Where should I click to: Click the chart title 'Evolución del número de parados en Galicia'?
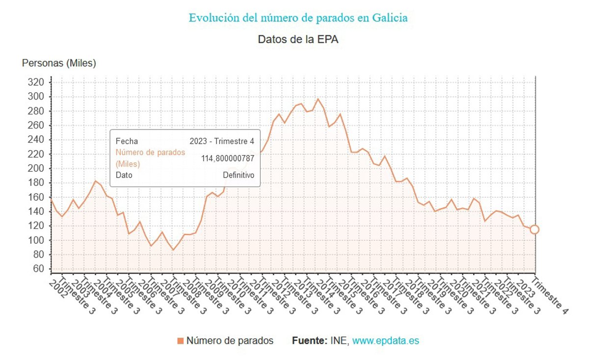click(x=298, y=18)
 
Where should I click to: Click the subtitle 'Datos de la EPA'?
click(x=298, y=40)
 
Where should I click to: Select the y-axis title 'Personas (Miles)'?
click(x=59, y=63)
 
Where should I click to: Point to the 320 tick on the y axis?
click(x=37, y=82)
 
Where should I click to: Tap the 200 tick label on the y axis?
click(x=37, y=168)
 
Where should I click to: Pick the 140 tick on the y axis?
click(x=37, y=211)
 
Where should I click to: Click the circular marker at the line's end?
click(x=535, y=230)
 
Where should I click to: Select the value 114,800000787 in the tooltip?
click(x=228, y=158)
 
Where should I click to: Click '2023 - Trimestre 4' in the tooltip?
click(x=222, y=141)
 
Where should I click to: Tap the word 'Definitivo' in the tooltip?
click(x=239, y=175)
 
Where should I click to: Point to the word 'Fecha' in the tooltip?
click(x=127, y=141)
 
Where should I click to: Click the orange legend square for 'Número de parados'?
click(x=181, y=341)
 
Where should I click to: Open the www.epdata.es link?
click(x=386, y=341)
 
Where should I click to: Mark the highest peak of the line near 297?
click(x=318, y=99)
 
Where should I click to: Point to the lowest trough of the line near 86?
click(x=173, y=250)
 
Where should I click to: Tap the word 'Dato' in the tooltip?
click(x=124, y=175)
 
